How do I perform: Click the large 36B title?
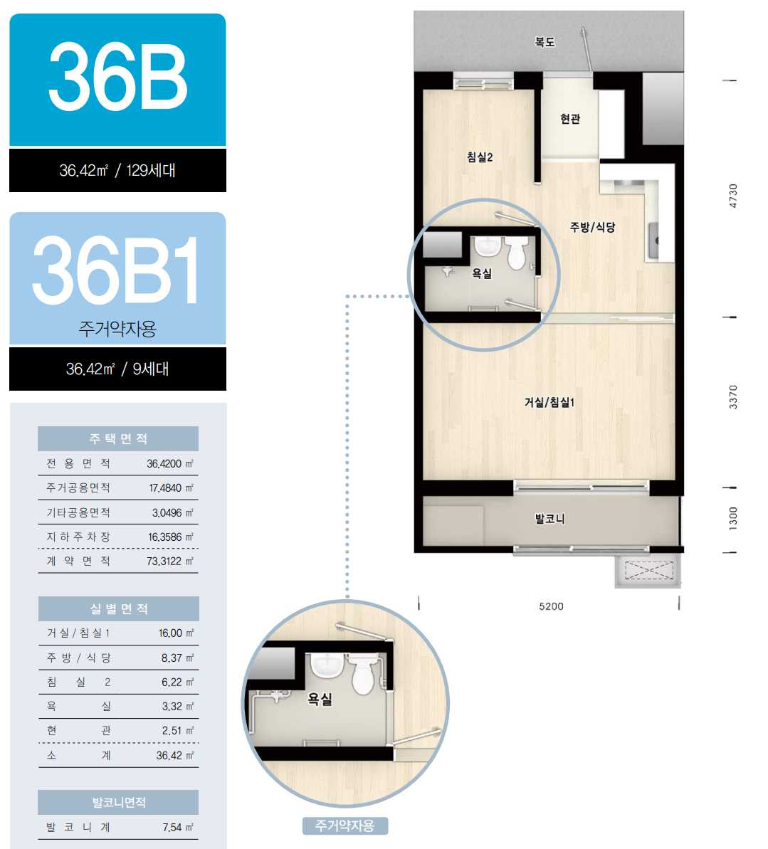[x=117, y=78]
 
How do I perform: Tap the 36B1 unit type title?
[x=115, y=270]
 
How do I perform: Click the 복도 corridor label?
[x=545, y=42]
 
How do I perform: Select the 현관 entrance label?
[x=569, y=118]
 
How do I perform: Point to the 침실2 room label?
[x=480, y=157]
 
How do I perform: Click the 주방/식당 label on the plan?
[x=592, y=227]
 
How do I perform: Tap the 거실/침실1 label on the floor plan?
[x=549, y=402]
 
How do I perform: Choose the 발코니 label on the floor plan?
[x=549, y=519]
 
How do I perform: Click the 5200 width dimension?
[x=552, y=606]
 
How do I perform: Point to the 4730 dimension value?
[x=733, y=196]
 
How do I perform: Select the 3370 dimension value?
[x=733, y=397]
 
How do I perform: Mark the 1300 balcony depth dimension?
[x=733, y=519]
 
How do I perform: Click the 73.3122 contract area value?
[x=164, y=561]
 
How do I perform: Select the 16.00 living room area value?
[x=170, y=633]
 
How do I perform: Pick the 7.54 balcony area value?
[x=172, y=827]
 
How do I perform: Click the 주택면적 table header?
[x=118, y=438]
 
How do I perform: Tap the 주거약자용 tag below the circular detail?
[x=345, y=826]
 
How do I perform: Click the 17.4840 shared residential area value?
[x=165, y=488]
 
